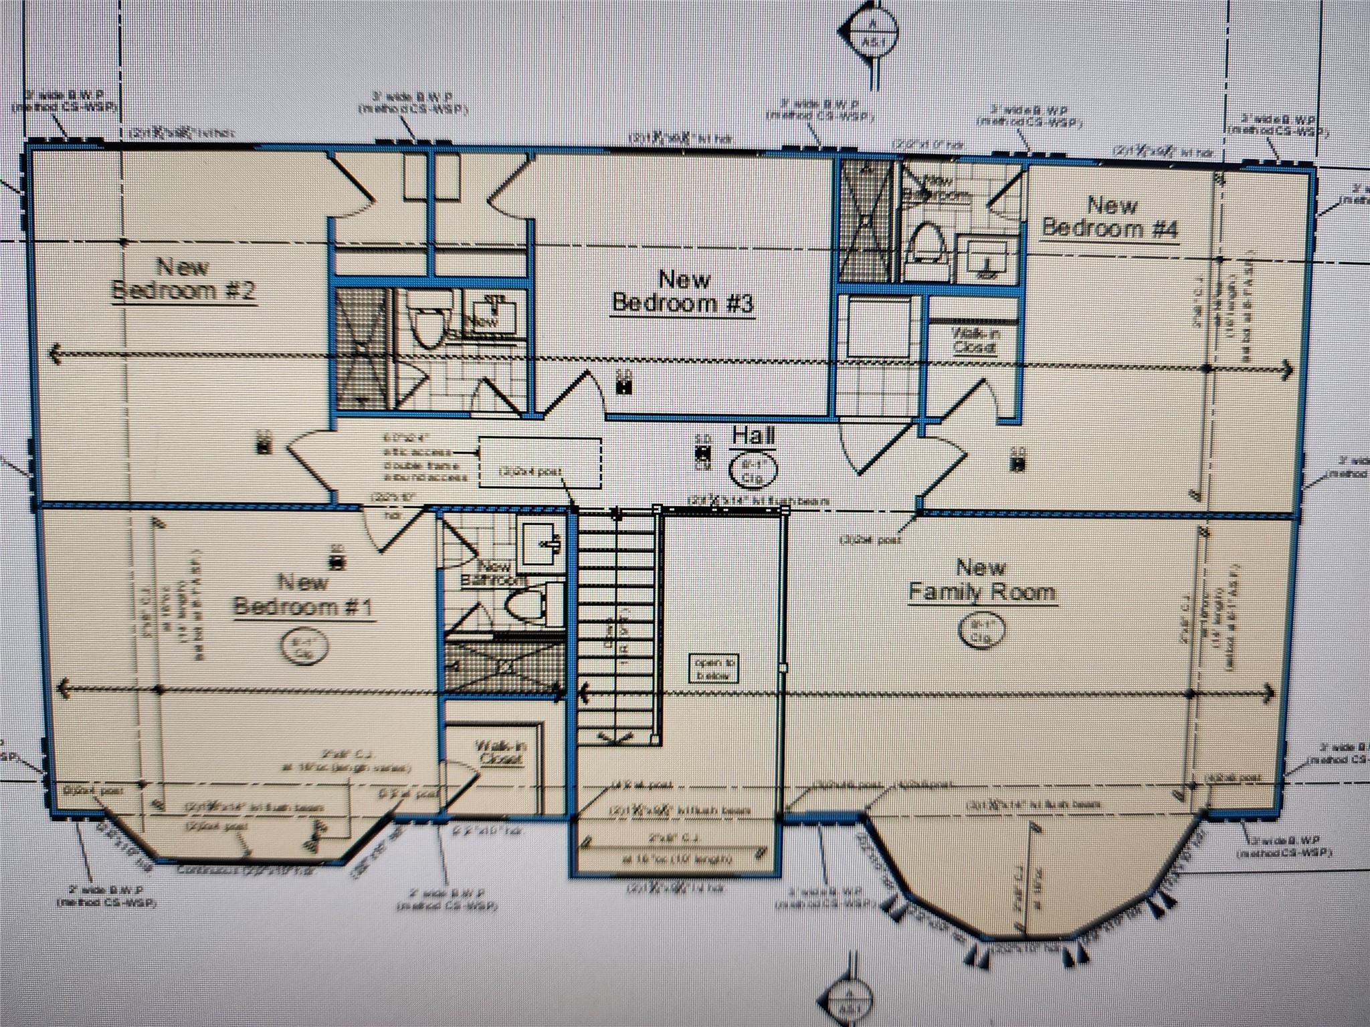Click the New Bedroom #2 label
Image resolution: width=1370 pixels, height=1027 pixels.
pyautogui.click(x=183, y=279)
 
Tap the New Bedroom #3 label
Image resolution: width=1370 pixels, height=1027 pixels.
pyautogui.click(x=683, y=292)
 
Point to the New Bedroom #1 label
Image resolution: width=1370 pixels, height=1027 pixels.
pyautogui.click(x=302, y=594)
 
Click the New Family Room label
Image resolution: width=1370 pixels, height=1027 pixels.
pyautogui.click(x=981, y=580)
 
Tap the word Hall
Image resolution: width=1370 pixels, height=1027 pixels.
pyautogui.click(x=753, y=436)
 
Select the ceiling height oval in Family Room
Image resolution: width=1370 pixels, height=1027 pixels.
pyautogui.click(x=981, y=633)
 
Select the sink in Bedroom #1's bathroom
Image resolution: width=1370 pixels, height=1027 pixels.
pyautogui.click(x=541, y=543)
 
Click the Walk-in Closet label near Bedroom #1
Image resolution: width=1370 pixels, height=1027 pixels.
pyautogui.click(x=500, y=752)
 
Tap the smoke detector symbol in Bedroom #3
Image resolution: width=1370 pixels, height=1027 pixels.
pyautogui.click(x=624, y=384)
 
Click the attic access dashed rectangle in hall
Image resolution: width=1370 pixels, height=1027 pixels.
pyautogui.click(x=540, y=463)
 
